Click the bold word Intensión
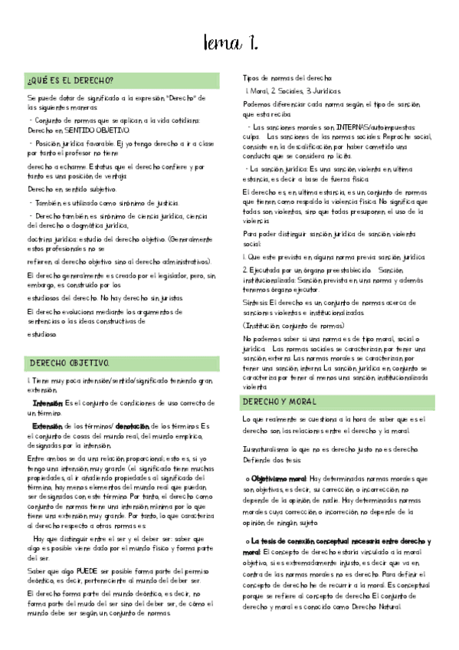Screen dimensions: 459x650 pyautogui.click(x=48, y=403)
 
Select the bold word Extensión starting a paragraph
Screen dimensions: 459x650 pyautogui.click(x=48, y=425)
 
